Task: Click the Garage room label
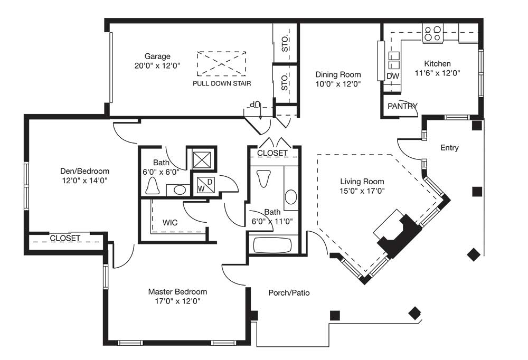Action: (x=157, y=56)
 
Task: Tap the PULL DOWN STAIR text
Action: (x=221, y=83)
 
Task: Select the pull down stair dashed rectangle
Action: (x=221, y=64)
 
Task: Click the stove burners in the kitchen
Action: (x=432, y=34)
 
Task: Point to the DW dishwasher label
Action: (x=392, y=76)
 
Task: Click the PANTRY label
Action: (x=402, y=106)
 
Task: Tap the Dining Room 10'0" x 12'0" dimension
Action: (x=338, y=83)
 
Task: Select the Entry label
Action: (x=449, y=148)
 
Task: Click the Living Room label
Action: (x=362, y=182)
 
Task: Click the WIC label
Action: (x=170, y=222)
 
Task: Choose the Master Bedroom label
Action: (x=177, y=291)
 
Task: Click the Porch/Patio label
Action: (x=289, y=292)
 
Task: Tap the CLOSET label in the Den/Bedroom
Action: (x=65, y=238)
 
